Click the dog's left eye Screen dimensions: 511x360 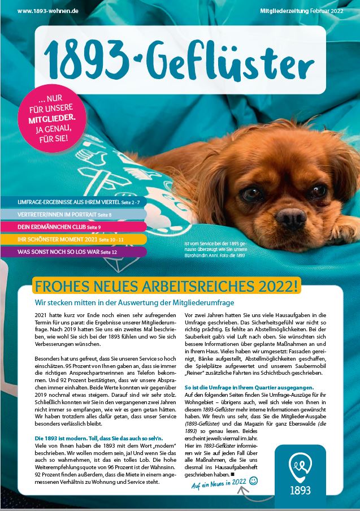251,193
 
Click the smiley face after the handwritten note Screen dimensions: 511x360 254,481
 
